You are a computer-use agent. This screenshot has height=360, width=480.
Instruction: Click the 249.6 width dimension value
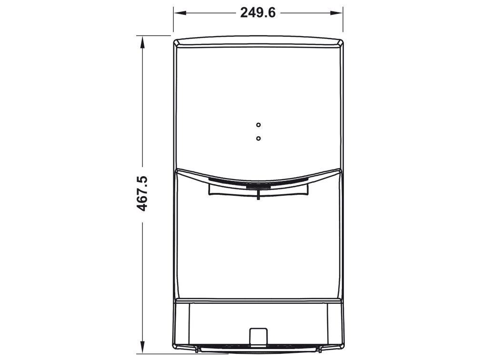tap(258, 13)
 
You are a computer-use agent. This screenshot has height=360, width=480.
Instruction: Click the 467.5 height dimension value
tap(142, 194)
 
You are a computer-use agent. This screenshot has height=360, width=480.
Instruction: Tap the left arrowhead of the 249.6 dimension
tap(177, 13)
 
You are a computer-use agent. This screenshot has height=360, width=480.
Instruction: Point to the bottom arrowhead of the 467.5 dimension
tap(142, 350)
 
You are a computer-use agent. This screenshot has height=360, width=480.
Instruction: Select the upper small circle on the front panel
tap(258, 125)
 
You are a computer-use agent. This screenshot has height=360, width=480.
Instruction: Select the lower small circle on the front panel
tap(258, 139)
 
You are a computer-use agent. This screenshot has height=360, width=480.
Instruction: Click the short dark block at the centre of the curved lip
tap(258, 187)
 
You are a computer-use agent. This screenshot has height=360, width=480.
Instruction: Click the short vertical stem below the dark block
tap(258, 195)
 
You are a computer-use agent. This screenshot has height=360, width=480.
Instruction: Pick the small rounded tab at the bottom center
tap(258, 334)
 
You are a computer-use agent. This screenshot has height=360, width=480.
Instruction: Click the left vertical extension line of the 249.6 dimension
tap(173, 21)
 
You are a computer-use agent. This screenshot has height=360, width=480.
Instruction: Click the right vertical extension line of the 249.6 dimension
tap(343, 21)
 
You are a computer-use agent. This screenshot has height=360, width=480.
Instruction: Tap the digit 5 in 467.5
tap(142, 181)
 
